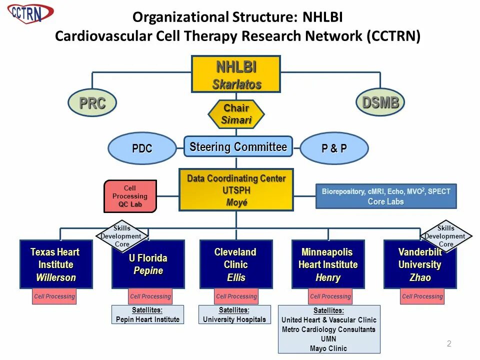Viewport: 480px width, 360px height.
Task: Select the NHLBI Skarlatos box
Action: tap(236, 74)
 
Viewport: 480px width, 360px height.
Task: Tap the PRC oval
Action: tap(92, 103)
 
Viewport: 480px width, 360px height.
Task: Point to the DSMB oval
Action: tap(380, 102)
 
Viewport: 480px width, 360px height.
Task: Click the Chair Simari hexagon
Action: tap(236, 114)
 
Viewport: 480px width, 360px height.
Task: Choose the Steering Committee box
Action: tap(238, 147)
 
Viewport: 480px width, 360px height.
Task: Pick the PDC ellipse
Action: tap(142, 148)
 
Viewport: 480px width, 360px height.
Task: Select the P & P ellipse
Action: tap(334, 148)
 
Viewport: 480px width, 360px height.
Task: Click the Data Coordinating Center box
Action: tap(236, 190)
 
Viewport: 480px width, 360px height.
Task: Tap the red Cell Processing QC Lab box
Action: tap(130, 196)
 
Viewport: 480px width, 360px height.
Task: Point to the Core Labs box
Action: tap(386, 196)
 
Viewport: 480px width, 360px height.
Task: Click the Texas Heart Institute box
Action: tap(56, 264)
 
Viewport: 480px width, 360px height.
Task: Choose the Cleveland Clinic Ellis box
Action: tap(236, 264)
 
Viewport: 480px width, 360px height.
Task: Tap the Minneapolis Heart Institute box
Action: tap(328, 264)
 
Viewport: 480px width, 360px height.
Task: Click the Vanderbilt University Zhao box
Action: tap(420, 264)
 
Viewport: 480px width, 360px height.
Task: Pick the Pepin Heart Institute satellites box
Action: tap(147, 314)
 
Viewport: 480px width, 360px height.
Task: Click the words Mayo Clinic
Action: tap(328, 348)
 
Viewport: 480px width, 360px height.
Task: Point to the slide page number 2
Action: tap(449, 343)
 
